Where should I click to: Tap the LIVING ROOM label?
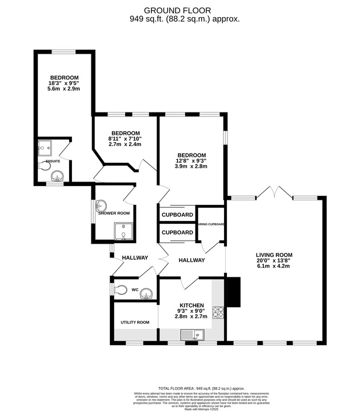tap(275, 255)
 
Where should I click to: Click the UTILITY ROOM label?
tap(135, 323)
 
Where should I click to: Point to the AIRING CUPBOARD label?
tap(211, 224)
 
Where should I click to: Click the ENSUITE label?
tap(53, 161)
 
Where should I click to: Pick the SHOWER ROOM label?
tap(114, 213)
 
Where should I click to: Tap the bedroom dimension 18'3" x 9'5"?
tap(64, 83)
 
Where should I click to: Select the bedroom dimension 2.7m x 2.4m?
tap(125, 144)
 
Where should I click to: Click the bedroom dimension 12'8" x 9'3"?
tap(191, 160)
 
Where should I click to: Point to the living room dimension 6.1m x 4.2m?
tap(275, 265)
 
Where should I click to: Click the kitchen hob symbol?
tap(218, 312)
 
